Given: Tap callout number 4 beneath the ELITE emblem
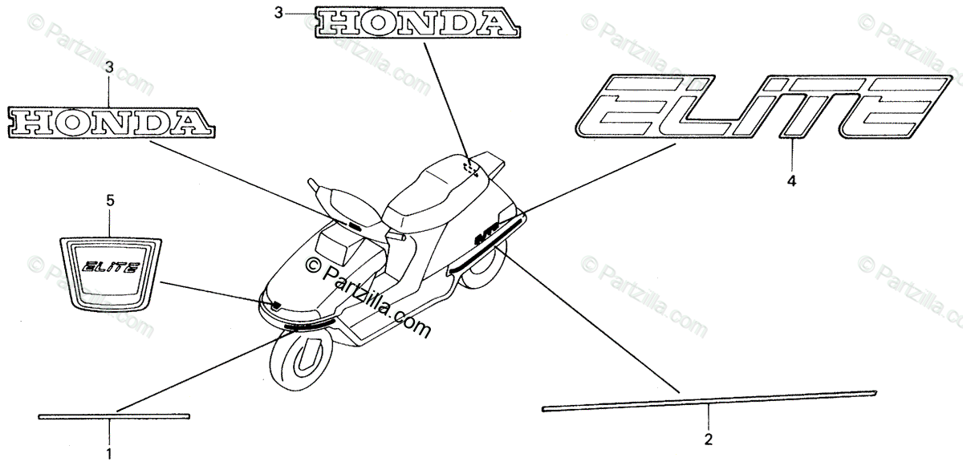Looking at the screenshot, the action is pos(791,181).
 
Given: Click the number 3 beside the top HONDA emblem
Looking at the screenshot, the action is pos(278,13).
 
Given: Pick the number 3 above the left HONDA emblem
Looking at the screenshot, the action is pos(110,70).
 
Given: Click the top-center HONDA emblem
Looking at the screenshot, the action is pos(415,22).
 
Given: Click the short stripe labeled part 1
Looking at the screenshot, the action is pos(114,416).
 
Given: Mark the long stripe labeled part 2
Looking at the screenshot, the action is pos(709,400).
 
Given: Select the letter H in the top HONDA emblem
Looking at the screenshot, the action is pos(337,23).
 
